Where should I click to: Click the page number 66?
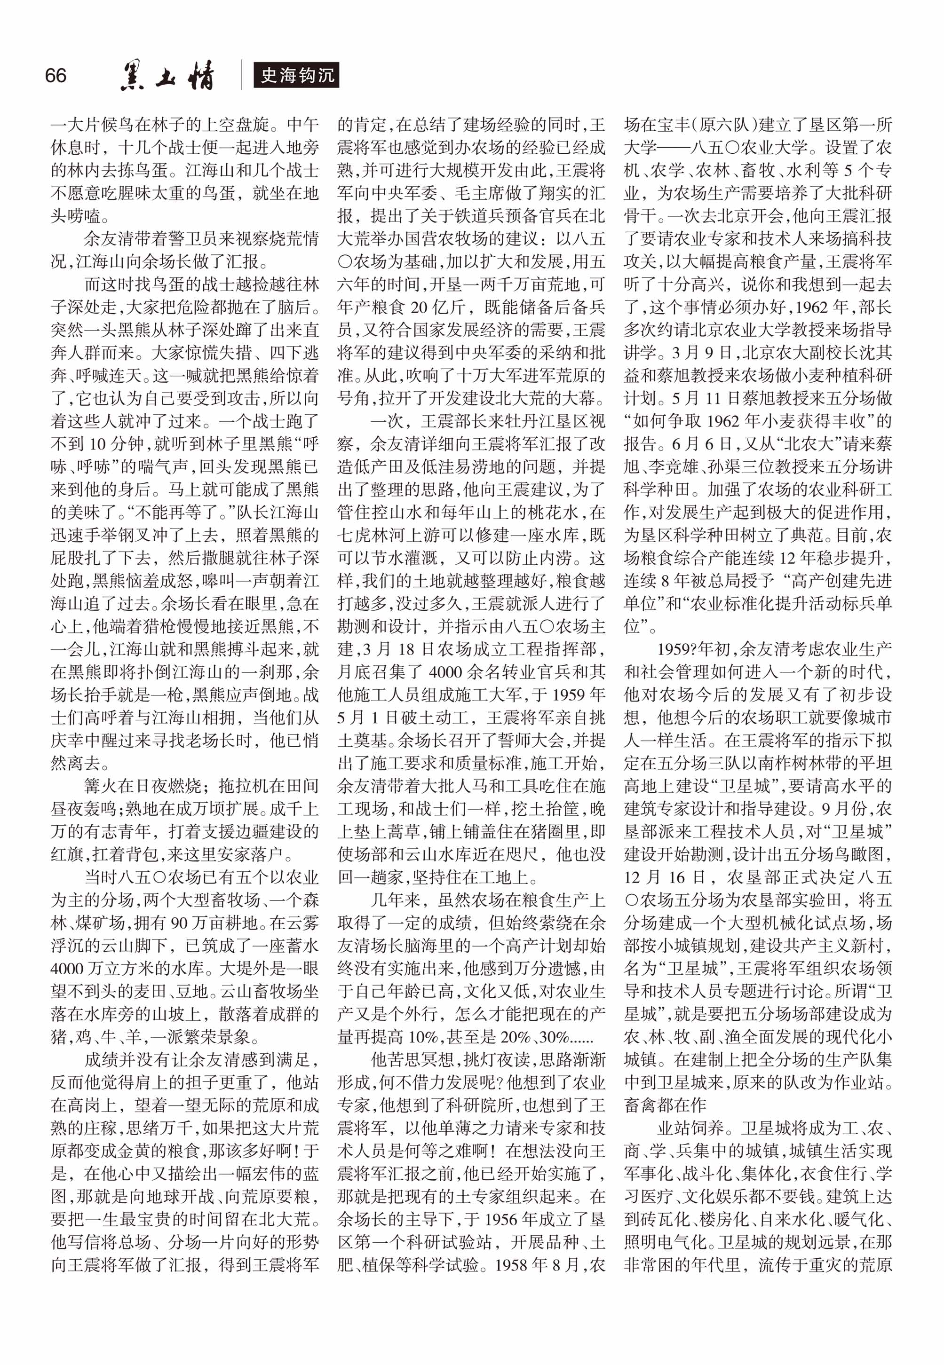point(56,76)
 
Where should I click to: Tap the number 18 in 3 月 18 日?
point(406,649)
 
